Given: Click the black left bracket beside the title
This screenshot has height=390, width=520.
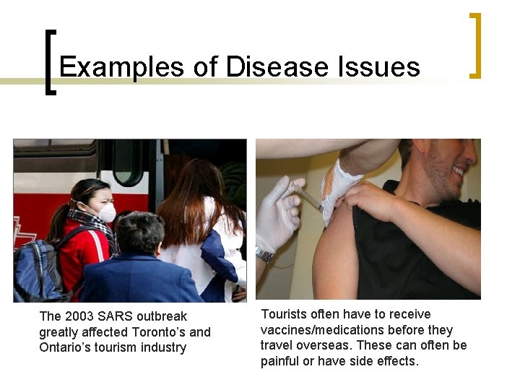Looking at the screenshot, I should click(49, 62).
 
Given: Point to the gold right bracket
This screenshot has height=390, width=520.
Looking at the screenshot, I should click(474, 45).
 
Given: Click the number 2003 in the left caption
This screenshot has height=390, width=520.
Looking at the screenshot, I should click(78, 316).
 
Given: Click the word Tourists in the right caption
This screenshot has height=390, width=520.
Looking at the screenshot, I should click(283, 314).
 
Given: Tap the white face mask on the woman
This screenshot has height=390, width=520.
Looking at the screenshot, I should click(106, 213).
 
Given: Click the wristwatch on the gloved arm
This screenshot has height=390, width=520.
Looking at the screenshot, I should click(265, 254).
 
